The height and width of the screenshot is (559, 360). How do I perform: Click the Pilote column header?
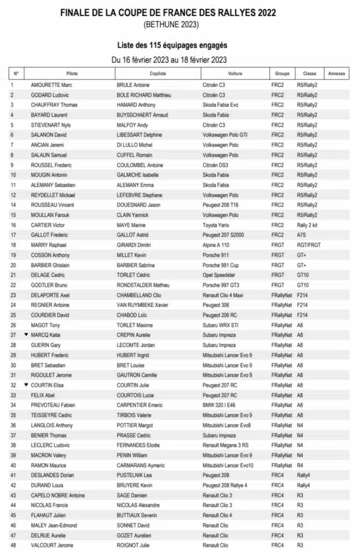pos(72,73)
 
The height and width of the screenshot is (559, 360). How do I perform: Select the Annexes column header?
pos(335,73)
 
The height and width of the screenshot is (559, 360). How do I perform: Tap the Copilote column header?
pos(158,73)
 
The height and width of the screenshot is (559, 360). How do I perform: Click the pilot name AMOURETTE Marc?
pos(51,85)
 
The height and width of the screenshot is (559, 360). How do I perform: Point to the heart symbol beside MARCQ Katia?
pos(26,334)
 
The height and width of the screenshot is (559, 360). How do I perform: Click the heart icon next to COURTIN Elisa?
pos(26,384)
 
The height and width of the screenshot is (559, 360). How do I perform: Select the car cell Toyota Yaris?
pos(219,225)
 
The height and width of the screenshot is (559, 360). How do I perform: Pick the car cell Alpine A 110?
pos(219,245)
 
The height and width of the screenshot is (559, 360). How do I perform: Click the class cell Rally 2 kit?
pos(309,225)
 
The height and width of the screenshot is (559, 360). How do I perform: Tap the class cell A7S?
pos(302,235)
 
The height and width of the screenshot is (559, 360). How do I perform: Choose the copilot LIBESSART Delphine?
pos(140,135)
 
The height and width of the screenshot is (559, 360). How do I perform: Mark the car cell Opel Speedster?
pos(220,275)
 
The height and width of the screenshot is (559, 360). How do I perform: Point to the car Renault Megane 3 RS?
pos(226,445)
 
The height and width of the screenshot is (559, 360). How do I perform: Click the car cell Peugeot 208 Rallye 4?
pos(225,485)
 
